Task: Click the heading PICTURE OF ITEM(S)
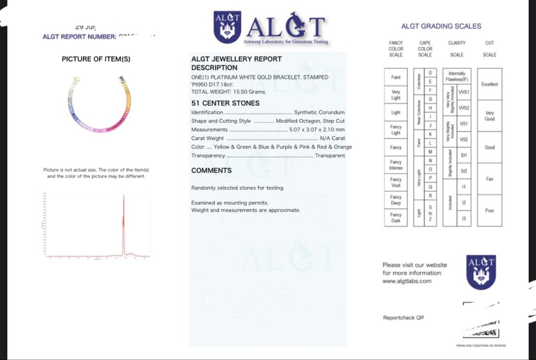click(96, 59)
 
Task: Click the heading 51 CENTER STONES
click(225, 103)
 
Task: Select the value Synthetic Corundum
click(319, 112)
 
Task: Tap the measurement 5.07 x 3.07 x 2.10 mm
click(317, 130)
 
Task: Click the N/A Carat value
click(332, 138)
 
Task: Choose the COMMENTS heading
click(211, 170)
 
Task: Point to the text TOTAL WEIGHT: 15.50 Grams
click(228, 92)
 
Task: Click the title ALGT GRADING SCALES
click(441, 26)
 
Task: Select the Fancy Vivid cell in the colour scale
click(396, 182)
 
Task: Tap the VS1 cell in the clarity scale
click(464, 124)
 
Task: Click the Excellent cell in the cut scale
click(489, 84)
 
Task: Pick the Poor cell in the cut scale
click(489, 211)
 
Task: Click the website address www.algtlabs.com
click(406, 281)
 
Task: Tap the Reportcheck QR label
click(403, 318)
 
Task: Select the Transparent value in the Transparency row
click(330, 155)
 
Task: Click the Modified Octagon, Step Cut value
click(310, 121)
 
